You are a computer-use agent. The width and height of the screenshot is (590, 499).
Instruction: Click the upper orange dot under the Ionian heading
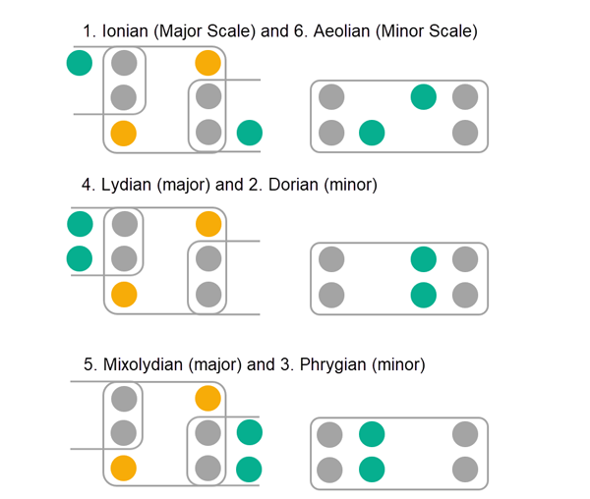click(207, 64)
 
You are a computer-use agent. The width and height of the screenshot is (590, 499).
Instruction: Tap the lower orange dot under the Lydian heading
click(123, 293)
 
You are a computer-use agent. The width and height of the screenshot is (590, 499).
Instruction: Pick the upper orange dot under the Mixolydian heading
click(207, 398)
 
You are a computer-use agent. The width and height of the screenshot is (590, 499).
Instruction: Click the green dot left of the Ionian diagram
click(80, 64)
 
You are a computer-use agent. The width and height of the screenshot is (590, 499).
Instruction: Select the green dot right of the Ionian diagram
click(250, 131)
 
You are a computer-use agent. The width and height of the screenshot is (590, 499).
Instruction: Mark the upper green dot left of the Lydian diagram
click(80, 225)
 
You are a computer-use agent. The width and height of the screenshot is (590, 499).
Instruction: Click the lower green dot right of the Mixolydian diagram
click(250, 468)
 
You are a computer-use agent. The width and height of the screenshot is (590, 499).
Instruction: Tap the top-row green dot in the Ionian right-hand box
click(423, 97)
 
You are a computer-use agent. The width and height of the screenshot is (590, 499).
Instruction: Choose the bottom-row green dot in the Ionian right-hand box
click(371, 131)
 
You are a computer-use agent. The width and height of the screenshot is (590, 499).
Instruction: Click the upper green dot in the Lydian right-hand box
click(423, 259)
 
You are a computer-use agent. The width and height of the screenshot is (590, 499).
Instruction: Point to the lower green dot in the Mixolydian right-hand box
click(371, 468)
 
